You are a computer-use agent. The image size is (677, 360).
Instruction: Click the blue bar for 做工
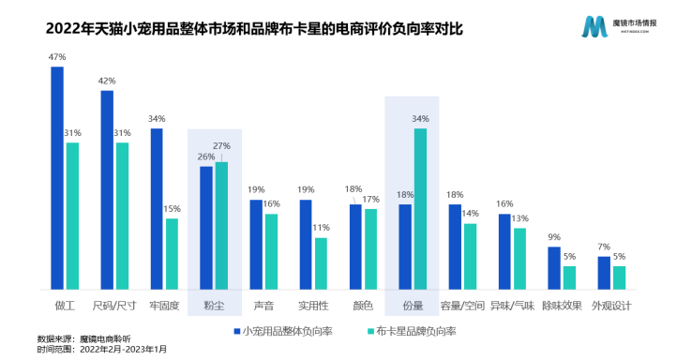tap(57, 178)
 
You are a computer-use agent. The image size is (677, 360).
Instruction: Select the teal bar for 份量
tap(420, 209)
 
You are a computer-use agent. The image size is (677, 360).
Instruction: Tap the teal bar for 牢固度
tap(172, 254)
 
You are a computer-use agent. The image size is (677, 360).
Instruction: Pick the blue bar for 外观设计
tap(604, 273)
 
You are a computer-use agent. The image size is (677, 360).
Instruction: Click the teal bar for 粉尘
tap(222, 226)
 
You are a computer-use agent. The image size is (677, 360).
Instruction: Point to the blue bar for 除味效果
tap(554, 268)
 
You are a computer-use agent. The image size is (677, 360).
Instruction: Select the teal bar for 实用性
tap(321, 263)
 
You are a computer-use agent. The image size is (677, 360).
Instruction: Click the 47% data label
tap(57, 58)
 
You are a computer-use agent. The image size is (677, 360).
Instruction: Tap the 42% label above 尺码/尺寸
tap(107, 82)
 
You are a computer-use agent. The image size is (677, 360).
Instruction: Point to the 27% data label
tap(222, 146)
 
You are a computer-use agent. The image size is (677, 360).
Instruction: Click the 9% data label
tap(554, 237)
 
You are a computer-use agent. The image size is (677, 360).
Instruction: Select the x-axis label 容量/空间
tap(463, 306)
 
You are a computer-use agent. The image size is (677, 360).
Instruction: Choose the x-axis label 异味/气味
tap(513, 306)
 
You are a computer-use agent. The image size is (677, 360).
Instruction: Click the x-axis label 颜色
tap(363, 306)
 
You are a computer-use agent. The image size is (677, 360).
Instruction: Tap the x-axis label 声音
tap(263, 306)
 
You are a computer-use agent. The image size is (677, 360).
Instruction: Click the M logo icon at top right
tap(594, 26)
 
